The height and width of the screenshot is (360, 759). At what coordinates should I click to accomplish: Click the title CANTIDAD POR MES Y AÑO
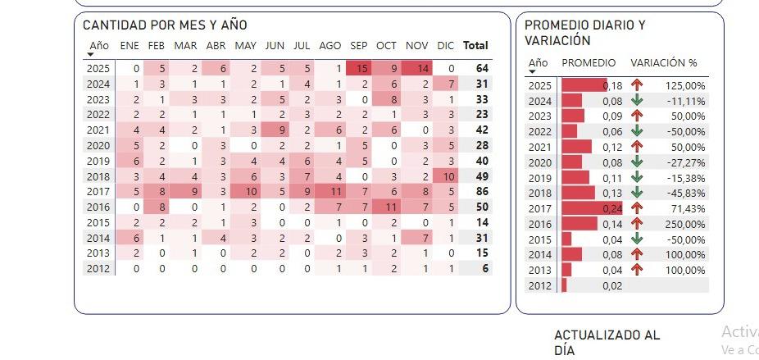tap(165, 25)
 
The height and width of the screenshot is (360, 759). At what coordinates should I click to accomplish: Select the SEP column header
tap(359, 46)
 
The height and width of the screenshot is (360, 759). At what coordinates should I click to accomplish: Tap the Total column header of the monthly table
tap(475, 46)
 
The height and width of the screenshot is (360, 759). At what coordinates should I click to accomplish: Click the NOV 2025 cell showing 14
tap(422, 69)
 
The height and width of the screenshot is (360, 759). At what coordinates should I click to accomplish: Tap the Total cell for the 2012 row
tap(484, 268)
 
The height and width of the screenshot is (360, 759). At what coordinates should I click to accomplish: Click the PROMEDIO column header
tap(589, 63)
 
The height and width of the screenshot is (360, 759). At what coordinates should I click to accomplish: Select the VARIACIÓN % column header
tap(663, 63)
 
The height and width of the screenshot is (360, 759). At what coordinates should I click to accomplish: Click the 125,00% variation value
tap(686, 85)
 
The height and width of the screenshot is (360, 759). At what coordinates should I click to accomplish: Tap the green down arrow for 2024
tap(637, 101)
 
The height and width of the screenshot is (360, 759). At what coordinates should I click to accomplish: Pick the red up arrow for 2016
tap(637, 224)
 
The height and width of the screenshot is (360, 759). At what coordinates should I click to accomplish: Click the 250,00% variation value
tap(686, 224)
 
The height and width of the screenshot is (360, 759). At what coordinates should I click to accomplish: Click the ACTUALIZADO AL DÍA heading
tap(607, 343)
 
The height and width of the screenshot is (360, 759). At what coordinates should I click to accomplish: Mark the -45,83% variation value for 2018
tap(686, 194)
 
